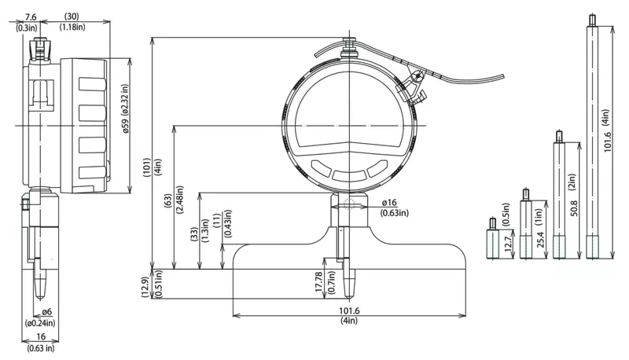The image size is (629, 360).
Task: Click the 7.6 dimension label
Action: (31, 17)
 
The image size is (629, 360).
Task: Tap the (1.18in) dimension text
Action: (72, 27)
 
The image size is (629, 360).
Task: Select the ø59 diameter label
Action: (126, 126)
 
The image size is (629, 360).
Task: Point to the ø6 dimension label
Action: (47, 311)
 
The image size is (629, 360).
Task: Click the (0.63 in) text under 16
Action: (41, 348)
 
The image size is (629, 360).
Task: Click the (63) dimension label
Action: (168, 200)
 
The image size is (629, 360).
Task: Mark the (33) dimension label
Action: (193, 235)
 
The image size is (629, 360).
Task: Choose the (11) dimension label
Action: (217, 221)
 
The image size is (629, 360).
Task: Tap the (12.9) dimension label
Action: (146, 288)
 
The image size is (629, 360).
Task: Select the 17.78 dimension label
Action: (319, 281)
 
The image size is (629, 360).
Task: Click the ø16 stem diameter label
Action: (388, 203)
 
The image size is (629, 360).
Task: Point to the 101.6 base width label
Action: (349, 310)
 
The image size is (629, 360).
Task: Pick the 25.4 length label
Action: (540, 239)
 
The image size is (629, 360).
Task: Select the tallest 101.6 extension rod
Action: (592, 136)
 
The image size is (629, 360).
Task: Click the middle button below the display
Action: (349, 175)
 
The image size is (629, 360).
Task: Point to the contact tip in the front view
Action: (350, 285)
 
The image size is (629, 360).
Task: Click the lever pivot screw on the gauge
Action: (417, 75)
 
